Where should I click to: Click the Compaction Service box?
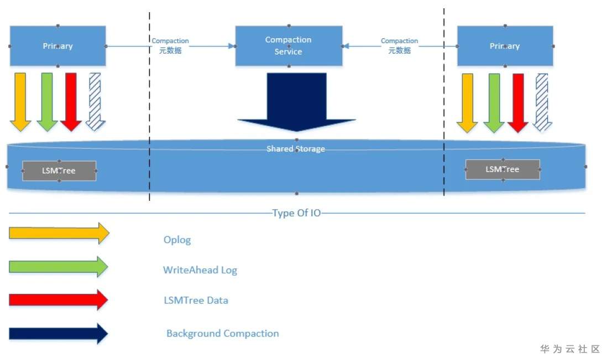[288, 45]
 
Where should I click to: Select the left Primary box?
[57, 46]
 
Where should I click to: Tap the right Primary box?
[505, 46]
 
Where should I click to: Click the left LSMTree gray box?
[59, 170]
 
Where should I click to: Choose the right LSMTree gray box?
[503, 169]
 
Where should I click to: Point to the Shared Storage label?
[296, 149]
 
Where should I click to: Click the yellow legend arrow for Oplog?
[59, 234]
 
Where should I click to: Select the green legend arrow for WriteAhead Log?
[59, 267]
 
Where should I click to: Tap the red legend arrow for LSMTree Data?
[59, 300]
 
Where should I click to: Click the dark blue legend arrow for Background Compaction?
[59, 334]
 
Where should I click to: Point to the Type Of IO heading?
[296, 213]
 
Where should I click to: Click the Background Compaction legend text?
[223, 334]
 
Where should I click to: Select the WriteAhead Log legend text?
[200, 270]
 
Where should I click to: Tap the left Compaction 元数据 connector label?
[170, 45]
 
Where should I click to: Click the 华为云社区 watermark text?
[570, 349]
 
